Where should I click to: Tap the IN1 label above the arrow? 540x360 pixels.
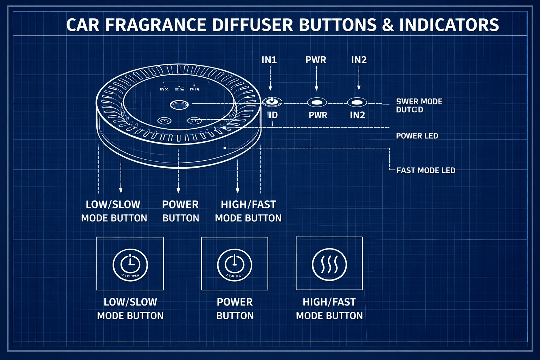coord(269,60)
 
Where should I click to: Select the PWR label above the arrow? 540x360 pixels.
coord(316,60)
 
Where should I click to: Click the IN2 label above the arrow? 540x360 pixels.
coord(359,60)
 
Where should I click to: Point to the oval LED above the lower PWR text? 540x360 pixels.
coord(317,102)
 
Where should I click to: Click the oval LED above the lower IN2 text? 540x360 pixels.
coord(357,102)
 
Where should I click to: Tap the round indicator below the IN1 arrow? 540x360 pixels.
coord(272,102)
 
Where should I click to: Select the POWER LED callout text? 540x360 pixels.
coord(417,136)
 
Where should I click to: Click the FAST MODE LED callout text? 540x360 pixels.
coord(426,171)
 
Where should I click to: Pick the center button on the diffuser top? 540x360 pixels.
coord(179,104)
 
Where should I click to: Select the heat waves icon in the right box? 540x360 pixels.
coord(329,264)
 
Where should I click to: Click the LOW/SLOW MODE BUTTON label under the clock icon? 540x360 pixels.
coord(130,309)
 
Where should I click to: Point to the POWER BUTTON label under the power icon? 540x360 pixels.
coord(235,309)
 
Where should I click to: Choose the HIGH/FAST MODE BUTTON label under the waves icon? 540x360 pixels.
coord(329,309)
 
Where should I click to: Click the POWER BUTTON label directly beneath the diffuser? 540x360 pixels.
coord(181,211)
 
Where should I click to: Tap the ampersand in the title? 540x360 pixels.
coord(387,25)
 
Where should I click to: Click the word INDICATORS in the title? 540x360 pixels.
coord(449,25)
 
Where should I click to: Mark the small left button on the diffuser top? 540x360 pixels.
coord(164,121)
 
